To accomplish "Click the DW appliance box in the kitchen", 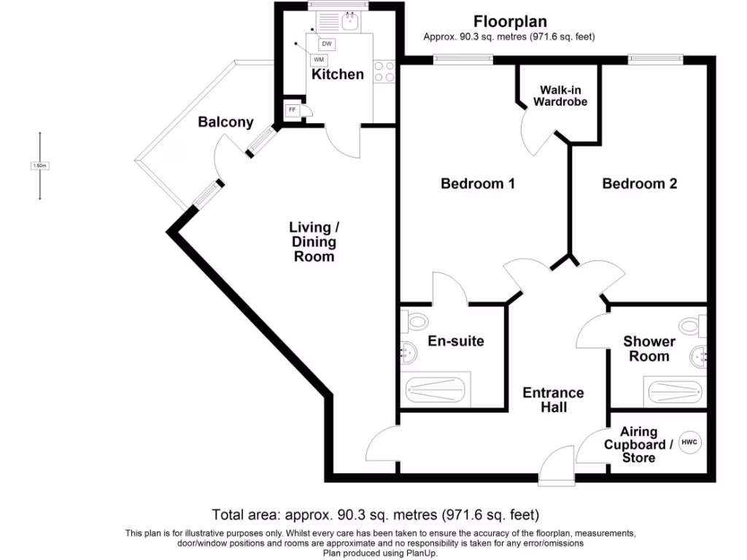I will [327, 44].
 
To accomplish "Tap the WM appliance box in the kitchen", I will [318, 60].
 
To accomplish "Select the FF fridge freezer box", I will [293, 110].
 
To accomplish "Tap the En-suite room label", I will [455, 341].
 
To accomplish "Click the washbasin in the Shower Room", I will [700, 356].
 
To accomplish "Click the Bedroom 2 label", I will [639, 184].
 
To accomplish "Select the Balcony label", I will [225, 122].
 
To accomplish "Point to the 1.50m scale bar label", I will [40, 166].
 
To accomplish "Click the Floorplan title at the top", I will [510, 22].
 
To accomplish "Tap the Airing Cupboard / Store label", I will [638, 445].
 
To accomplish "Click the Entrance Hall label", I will [554, 400].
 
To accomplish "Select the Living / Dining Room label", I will [314, 241].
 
